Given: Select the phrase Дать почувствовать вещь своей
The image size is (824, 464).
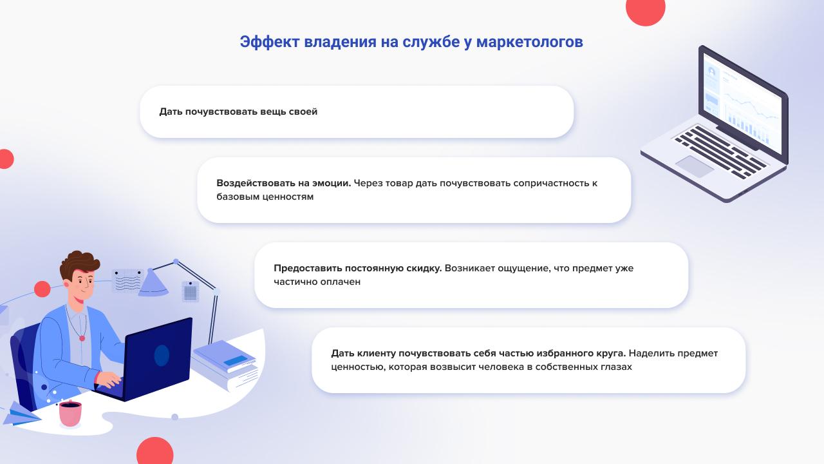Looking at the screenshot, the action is pos(238,111).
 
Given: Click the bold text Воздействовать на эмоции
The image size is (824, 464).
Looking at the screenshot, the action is pos(284,183).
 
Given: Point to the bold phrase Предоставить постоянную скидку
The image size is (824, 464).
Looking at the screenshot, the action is pos(357,268).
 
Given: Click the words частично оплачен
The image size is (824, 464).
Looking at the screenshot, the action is pos(317,282).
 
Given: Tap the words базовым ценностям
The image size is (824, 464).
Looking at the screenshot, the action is pos(265,197).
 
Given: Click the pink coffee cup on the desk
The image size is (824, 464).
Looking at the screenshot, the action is pos(70,414).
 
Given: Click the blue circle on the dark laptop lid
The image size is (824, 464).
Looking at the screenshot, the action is pos(162,355).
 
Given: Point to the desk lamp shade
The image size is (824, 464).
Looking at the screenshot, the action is pos(153,283).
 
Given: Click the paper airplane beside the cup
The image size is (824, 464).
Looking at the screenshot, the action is pos(22,414).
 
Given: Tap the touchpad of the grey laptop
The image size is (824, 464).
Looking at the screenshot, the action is pos(695,166).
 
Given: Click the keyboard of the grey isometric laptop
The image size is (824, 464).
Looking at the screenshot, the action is pos(721,151).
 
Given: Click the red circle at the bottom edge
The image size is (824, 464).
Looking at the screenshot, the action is pos(155,452).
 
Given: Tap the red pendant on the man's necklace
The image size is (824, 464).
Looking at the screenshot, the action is pos(82,338).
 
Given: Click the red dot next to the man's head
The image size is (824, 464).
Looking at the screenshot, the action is pos(42,289).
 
